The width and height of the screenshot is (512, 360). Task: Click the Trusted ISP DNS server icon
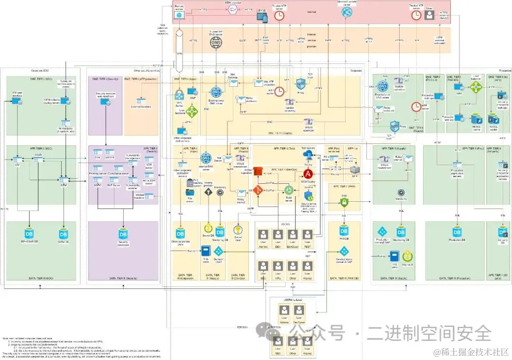coord(216,42)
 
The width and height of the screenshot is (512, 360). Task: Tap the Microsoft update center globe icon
coord(346,14)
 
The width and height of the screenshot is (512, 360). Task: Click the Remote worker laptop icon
coord(180,15)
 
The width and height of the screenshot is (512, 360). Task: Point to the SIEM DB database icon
coord(64,234)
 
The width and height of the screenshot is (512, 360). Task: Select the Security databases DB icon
coord(123,234)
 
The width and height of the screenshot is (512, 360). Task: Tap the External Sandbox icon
coord(141,101)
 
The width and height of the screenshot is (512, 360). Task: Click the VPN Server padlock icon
coord(180,94)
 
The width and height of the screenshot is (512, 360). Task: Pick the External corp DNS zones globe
coord(216,92)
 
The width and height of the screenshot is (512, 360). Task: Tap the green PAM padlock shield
coord(345,202)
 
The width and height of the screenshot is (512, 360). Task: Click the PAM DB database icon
coord(345,232)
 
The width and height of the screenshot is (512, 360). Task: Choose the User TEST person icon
coord(308,234)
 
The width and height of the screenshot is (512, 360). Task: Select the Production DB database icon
coord(457,232)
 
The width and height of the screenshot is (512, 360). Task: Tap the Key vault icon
coord(406,257)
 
